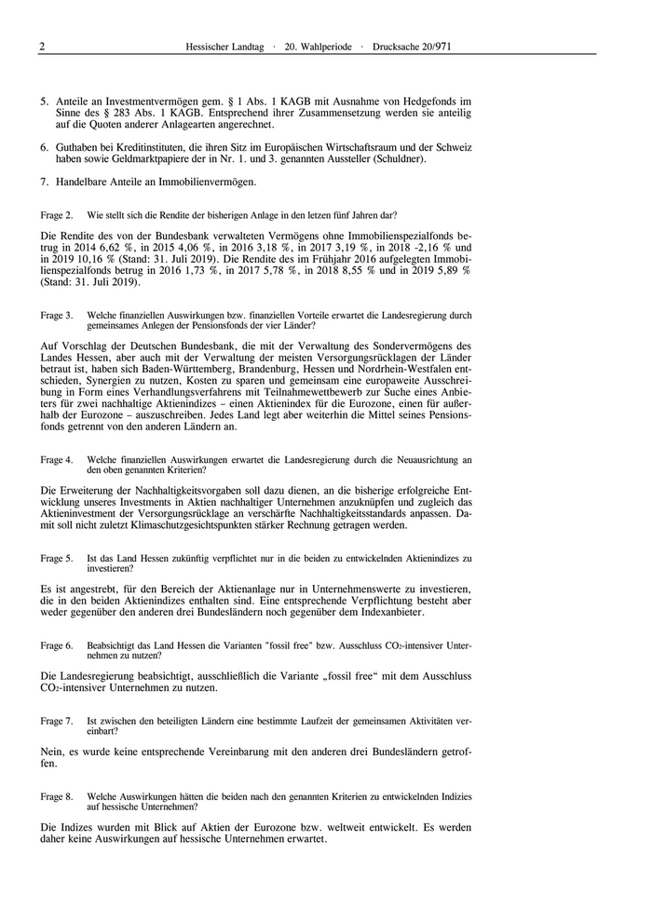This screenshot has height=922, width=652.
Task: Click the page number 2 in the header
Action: [42, 47]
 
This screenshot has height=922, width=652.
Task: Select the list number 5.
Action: [44, 100]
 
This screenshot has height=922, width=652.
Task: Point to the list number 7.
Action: [44, 181]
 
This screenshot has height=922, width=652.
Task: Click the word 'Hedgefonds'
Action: [432, 100]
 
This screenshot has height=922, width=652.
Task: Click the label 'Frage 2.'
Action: [57, 214]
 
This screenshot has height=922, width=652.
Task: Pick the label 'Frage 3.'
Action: [57, 316]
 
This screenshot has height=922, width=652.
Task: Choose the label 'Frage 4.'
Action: [57, 460]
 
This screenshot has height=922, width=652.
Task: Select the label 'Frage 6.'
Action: [57, 645]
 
